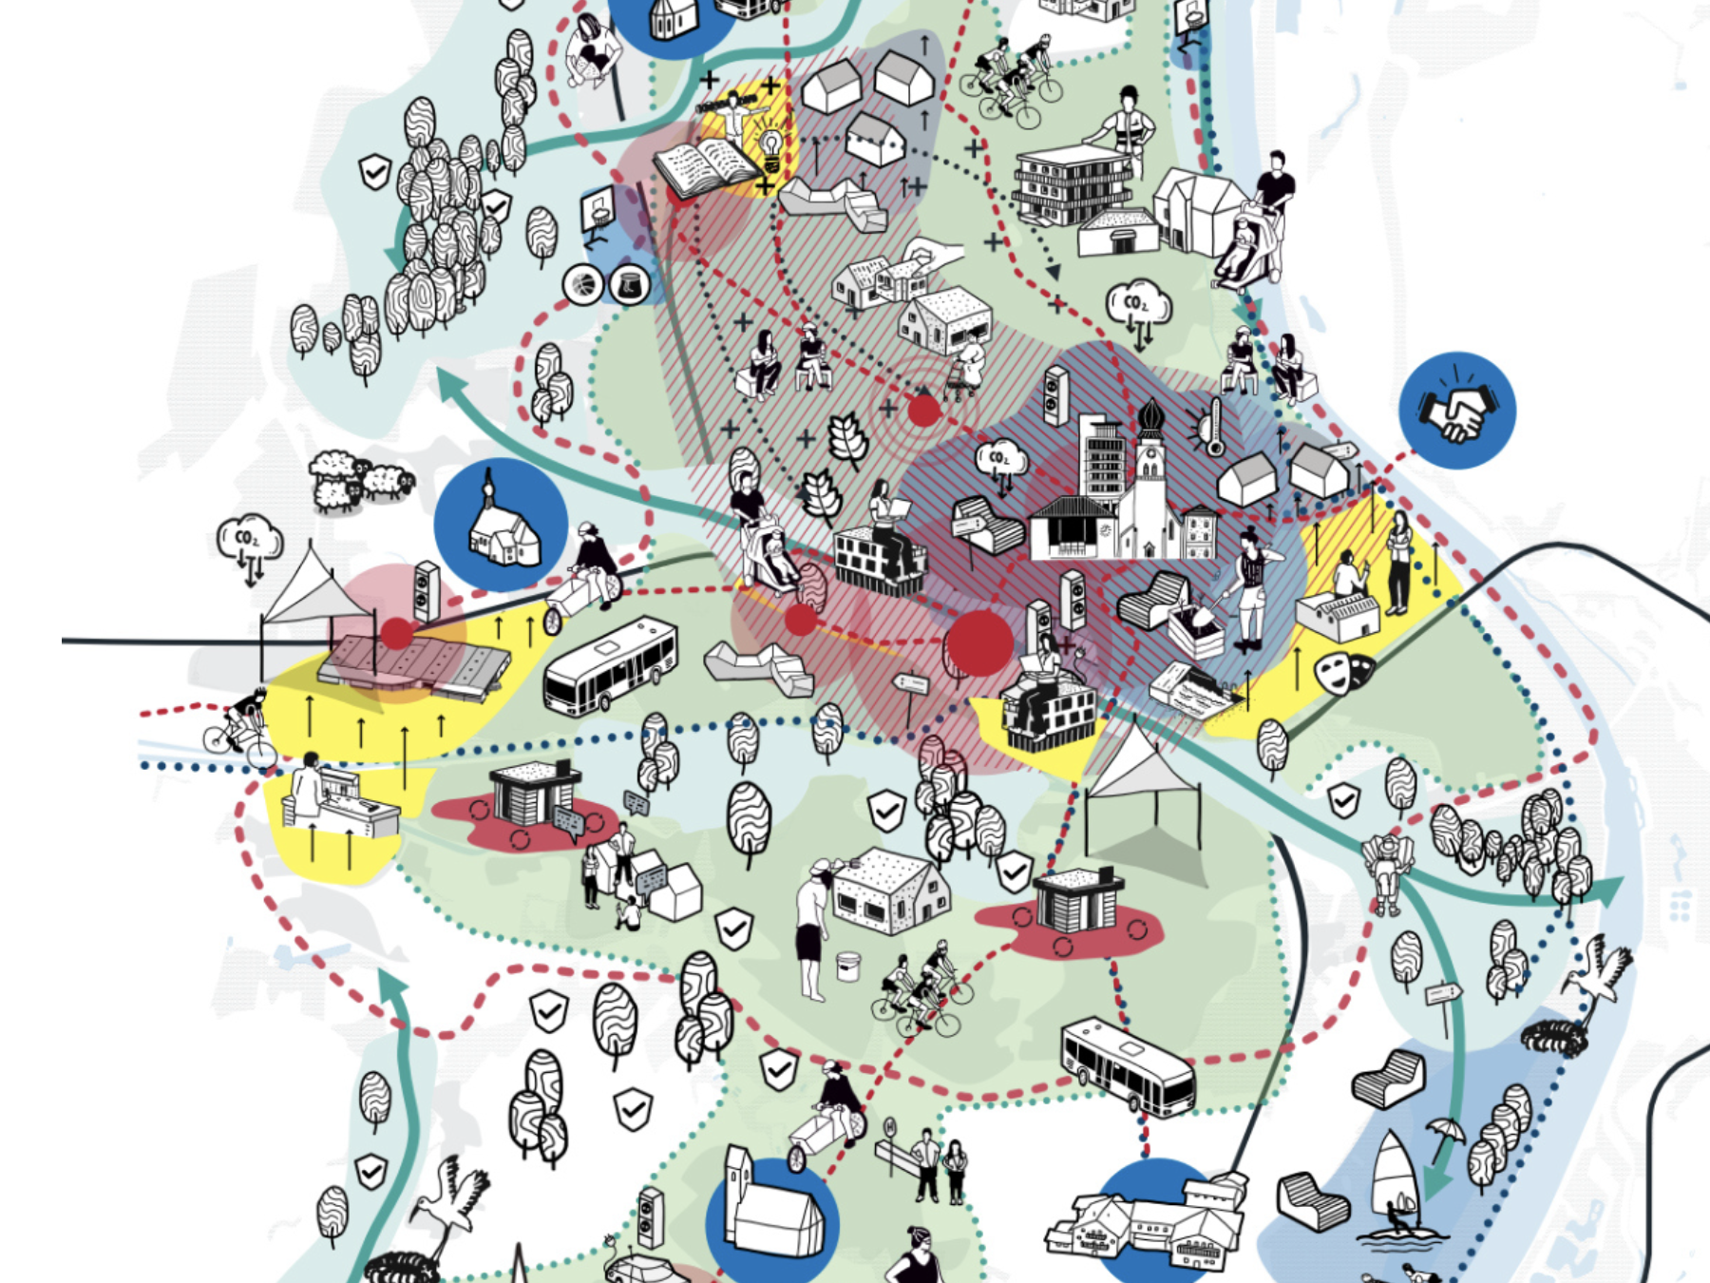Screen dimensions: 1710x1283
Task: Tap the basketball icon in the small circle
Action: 583,283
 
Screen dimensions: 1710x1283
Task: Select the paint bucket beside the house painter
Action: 847,967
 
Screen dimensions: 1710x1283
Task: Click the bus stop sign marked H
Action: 890,1128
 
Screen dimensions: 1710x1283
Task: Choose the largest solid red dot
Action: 981,642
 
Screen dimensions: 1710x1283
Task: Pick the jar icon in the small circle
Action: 629,283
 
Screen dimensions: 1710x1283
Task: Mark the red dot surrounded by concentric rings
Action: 922,411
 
